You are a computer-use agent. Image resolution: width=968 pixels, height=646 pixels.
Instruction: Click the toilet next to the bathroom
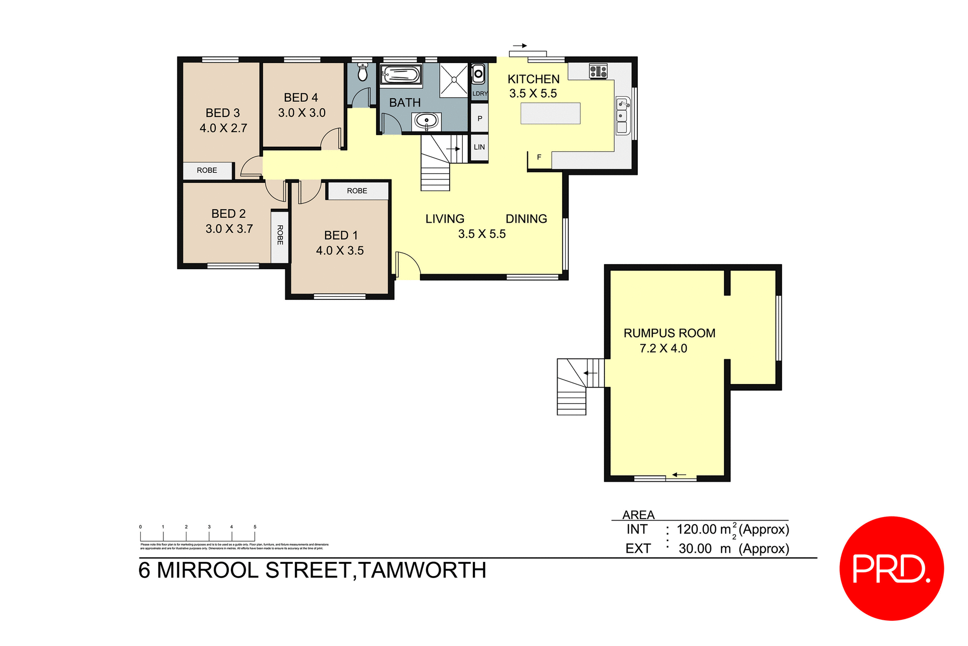[362, 72]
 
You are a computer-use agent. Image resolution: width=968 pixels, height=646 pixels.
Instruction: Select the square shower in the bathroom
[454, 80]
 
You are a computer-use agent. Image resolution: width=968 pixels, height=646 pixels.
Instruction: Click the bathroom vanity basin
[427, 121]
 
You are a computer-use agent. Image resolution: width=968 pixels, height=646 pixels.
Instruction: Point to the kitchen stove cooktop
[598, 71]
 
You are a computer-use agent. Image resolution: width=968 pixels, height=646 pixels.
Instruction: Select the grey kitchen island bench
[550, 113]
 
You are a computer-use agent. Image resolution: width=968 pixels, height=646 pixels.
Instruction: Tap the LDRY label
[480, 94]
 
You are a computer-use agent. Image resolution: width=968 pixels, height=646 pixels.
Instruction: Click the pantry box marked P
[479, 118]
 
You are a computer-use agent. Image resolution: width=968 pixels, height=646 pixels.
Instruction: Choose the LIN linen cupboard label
[479, 147]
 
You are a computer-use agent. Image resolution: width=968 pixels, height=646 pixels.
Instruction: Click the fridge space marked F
[539, 157]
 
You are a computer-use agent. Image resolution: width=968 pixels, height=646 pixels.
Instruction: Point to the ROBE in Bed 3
[207, 170]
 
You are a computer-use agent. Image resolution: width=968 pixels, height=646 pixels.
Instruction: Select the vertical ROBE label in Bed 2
[280, 235]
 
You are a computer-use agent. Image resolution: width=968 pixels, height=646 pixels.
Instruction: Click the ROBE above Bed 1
[357, 191]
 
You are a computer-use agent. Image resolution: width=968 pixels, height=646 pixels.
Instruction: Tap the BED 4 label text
[301, 97]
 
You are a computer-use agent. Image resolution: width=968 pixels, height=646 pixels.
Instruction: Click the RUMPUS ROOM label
[669, 333]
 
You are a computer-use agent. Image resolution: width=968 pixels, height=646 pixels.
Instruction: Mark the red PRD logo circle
[891, 568]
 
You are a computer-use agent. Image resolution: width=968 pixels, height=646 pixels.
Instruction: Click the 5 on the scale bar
[255, 527]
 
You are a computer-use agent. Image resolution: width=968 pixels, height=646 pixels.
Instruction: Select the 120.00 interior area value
[696, 529]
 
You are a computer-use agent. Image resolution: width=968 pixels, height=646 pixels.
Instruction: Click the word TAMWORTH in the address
[422, 570]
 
